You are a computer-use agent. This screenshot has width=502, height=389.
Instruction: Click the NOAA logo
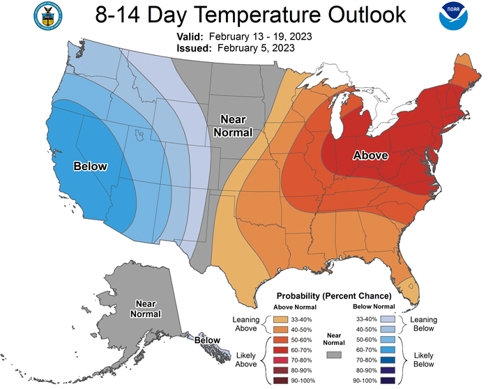click(x=453, y=16)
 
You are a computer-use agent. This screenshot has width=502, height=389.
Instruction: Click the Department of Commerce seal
click(x=48, y=16)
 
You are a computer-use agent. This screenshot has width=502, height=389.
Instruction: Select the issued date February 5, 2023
click(x=256, y=48)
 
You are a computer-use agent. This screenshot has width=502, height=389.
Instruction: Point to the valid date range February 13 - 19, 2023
click(x=260, y=36)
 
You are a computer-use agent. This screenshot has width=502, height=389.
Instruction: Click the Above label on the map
click(x=370, y=155)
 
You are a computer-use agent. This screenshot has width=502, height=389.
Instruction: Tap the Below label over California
click(x=90, y=166)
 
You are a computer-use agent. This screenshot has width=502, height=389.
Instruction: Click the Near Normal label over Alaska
click(x=145, y=309)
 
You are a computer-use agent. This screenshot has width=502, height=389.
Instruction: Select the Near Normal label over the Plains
click(x=233, y=125)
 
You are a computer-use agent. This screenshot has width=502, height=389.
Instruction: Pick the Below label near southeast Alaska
click(x=207, y=340)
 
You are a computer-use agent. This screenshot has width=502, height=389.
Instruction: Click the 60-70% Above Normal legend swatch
click(x=280, y=350)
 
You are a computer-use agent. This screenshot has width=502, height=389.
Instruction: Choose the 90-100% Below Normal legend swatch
click(x=388, y=381)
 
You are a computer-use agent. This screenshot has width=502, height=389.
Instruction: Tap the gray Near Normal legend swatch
click(x=334, y=355)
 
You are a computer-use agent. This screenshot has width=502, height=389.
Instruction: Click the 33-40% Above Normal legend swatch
click(x=280, y=319)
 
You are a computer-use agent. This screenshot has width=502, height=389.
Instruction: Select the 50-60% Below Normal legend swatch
click(x=388, y=340)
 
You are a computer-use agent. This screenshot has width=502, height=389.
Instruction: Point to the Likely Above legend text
click(x=246, y=360)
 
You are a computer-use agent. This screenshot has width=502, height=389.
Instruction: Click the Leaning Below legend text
click(x=424, y=324)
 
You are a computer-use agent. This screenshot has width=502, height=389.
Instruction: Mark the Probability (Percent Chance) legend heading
click(x=334, y=296)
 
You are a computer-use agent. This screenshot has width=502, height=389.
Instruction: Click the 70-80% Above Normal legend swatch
click(x=280, y=360)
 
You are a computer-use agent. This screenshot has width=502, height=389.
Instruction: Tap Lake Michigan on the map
click(x=337, y=119)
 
